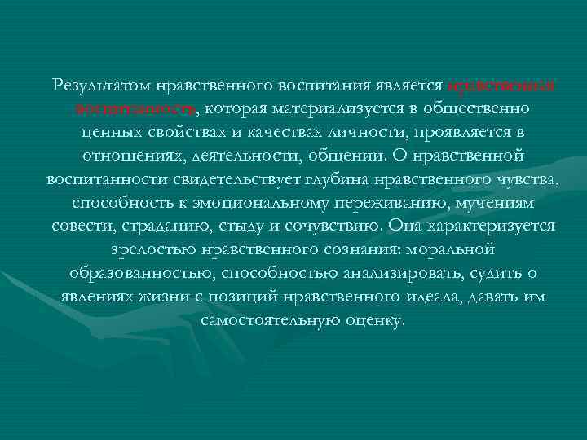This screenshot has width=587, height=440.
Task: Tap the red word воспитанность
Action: tap(136, 108)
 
